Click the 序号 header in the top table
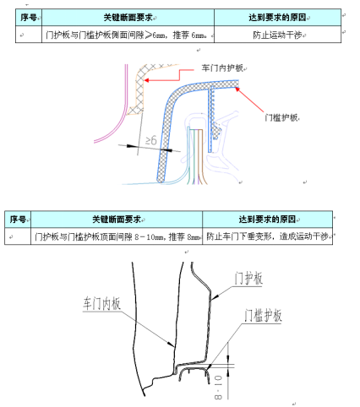pyautogui.click(x=29, y=18)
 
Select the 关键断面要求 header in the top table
pyautogui.click(x=128, y=18)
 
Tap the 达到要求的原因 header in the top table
pyautogui.click(x=277, y=18)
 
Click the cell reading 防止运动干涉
pyautogui.click(x=277, y=35)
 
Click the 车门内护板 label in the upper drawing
pyautogui.click(x=222, y=68)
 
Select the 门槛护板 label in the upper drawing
pyautogui.click(x=281, y=117)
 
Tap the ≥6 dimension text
pyautogui.click(x=151, y=140)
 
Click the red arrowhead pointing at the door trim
pyautogui.click(x=147, y=80)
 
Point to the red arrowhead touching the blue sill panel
pyautogui.click(x=237, y=90)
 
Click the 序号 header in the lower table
pyautogui.click(x=18, y=220)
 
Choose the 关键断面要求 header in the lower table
pyautogui.click(x=117, y=220)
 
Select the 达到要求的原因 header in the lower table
pyautogui.click(x=267, y=220)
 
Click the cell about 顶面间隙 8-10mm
pyautogui.click(x=117, y=236)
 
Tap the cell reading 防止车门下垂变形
pyautogui.click(x=268, y=236)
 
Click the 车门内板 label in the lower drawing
pyautogui.click(x=101, y=304)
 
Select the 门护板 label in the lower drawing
pyautogui.click(x=248, y=279)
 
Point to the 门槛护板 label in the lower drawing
pyautogui.click(x=263, y=315)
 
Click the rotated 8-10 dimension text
pyautogui.click(x=218, y=387)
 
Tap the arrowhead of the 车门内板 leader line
pyautogui.click(x=172, y=345)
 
